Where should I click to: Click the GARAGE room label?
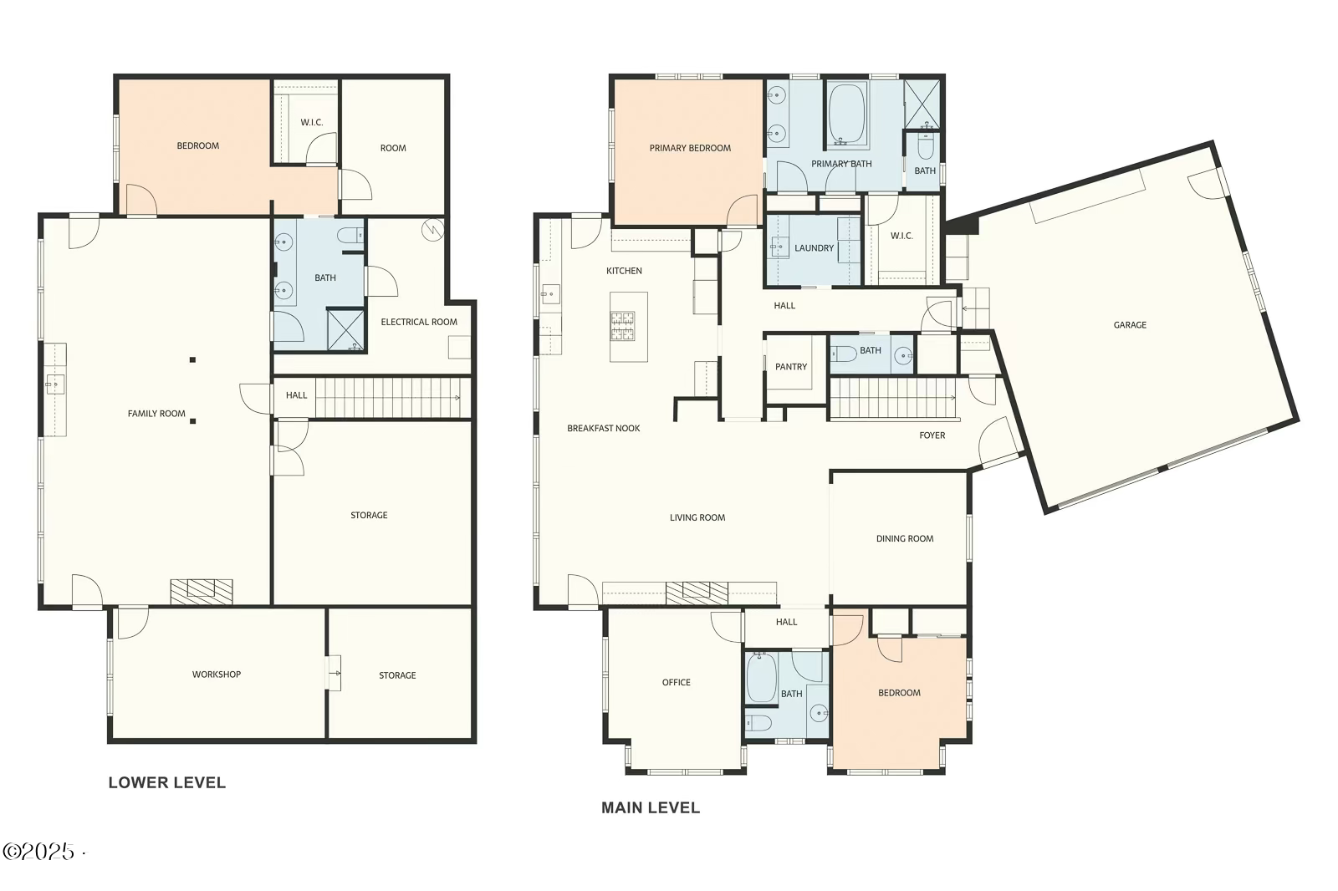point(1129,325)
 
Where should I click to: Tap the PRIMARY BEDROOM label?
point(690,149)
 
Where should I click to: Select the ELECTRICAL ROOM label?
point(419,322)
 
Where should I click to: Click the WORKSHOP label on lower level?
point(217,675)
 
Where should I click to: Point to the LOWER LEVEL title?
point(167,783)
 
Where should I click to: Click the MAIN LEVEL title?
point(651,808)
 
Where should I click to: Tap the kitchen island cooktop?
point(623,326)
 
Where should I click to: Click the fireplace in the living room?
point(697,593)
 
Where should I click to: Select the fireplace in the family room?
point(202,591)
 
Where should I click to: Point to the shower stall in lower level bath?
point(345,329)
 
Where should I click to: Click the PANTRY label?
point(791,367)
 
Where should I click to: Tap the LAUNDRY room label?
point(814,248)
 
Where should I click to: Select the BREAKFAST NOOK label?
point(604,429)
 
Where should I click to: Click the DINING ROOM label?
point(905,539)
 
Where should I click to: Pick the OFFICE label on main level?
point(677,683)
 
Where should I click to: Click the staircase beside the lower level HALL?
point(389,397)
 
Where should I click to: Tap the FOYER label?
point(932,435)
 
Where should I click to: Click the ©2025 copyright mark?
point(39,852)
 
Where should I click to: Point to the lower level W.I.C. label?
point(312,123)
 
